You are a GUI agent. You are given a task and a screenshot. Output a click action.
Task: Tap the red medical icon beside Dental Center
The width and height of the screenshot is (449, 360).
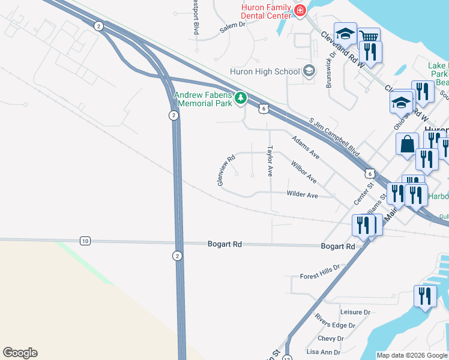[300, 10]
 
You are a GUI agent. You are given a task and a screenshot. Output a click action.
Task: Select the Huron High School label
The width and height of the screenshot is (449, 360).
[265, 72]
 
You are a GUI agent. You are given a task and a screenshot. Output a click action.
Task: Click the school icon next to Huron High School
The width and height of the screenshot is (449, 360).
[309, 72]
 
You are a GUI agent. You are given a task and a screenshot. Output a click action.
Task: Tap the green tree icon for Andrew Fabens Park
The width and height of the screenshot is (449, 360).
[240, 97]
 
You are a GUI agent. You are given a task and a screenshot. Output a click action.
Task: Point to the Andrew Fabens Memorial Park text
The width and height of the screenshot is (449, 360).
[202, 99]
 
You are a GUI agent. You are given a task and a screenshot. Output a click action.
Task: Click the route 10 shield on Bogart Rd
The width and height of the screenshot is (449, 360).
[85, 241]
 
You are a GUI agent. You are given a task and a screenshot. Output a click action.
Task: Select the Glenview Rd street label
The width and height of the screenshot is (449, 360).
[226, 171]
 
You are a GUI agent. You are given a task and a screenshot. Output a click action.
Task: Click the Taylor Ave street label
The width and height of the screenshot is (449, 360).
[270, 160]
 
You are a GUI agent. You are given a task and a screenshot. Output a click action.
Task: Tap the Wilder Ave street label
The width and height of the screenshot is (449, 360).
[302, 195]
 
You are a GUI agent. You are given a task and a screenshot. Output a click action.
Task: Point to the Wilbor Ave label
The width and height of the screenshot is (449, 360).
[303, 171]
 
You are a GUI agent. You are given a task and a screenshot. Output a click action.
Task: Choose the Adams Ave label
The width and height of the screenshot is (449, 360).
[306, 147]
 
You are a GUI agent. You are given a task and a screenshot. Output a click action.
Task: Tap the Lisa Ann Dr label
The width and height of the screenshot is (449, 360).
[324, 352]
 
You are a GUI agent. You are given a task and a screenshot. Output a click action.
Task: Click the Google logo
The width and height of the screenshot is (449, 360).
[20, 353]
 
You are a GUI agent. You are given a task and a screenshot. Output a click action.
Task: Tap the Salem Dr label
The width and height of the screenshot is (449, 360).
[233, 25]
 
